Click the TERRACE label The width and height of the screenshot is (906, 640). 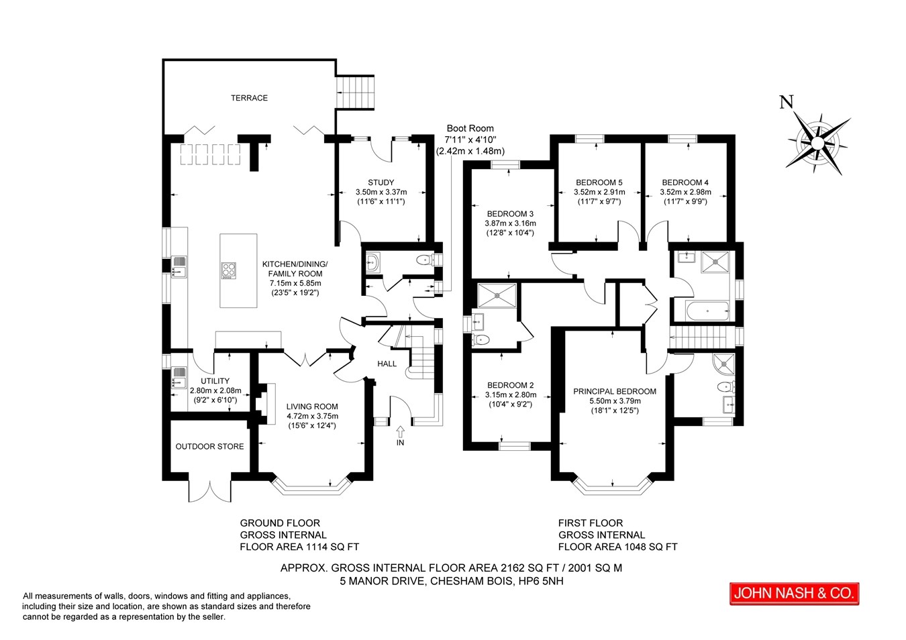coord(249,98)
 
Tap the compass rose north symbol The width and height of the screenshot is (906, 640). coord(817,142)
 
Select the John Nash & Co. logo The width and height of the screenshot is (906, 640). coord(795,594)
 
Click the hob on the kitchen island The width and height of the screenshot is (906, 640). coord(229,270)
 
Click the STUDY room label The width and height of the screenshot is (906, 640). coord(381,182)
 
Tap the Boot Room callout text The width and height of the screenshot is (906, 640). coord(470,140)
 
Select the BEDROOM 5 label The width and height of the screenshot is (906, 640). coord(599,182)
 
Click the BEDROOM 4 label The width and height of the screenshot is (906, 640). coord(685,182)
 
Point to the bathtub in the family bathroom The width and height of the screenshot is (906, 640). coord(707,311)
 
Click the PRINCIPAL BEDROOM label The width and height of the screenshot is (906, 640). coord(615,391)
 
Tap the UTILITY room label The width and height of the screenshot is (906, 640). coord(215,381)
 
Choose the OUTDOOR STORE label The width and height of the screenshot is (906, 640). coord(209,446)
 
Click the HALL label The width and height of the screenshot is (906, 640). coord(387,364)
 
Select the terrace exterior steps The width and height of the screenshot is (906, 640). coord(356,92)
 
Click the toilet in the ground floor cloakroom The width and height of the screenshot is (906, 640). coord(425,260)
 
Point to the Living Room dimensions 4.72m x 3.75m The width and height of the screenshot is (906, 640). coord(313,416)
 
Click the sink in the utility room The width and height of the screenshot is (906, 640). coord(179,376)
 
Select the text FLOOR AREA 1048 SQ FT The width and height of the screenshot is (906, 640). coord(617,547)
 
